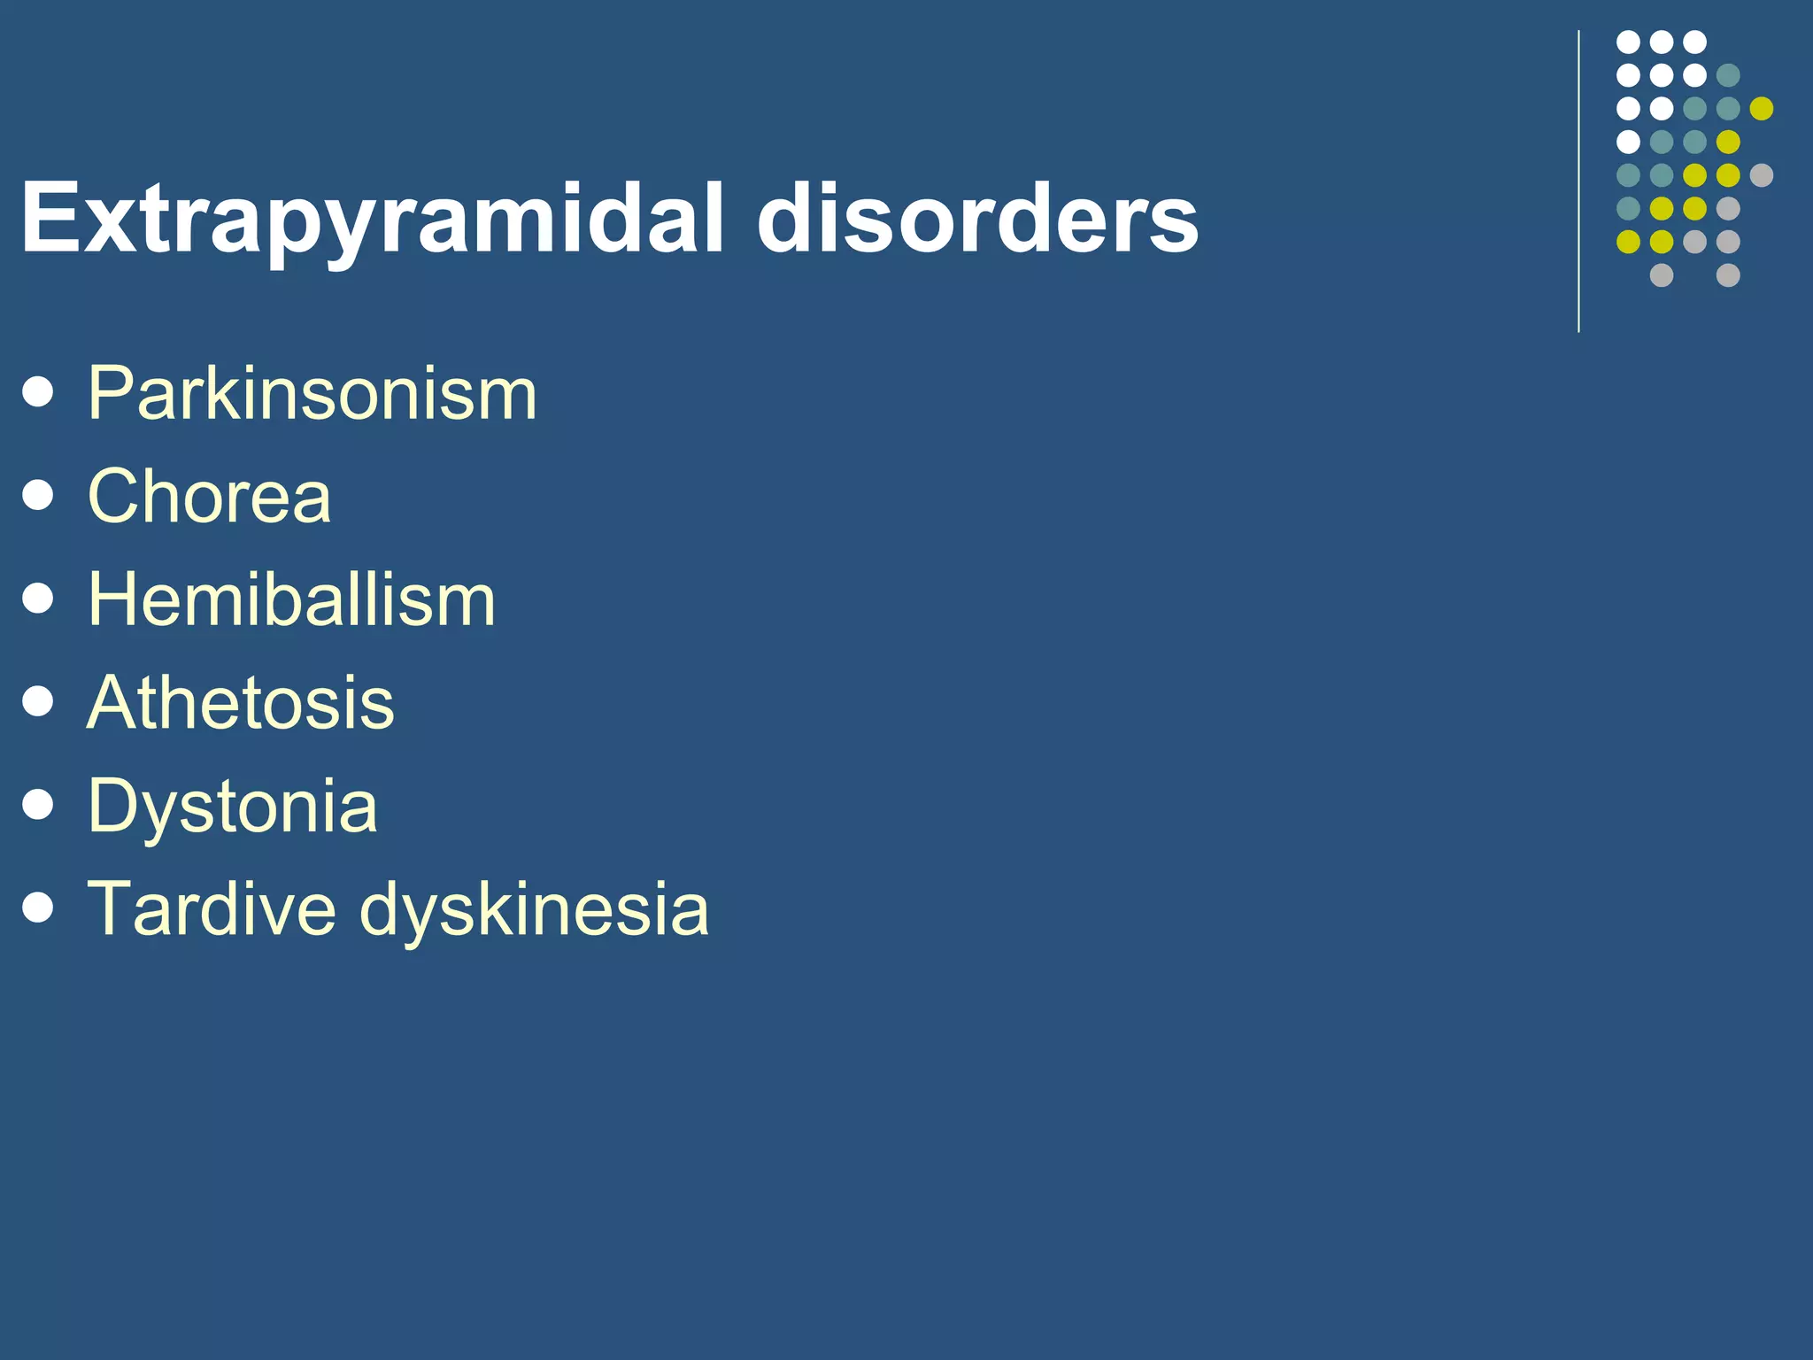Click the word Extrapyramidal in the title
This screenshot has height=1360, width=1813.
(373, 218)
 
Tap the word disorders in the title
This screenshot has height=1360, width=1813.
(977, 218)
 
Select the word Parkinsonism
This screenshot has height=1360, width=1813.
(312, 393)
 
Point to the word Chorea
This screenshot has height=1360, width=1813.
(210, 496)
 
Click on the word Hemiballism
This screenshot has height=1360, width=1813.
(291, 599)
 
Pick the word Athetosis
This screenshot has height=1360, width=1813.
(241, 703)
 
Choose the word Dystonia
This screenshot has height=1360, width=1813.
(233, 807)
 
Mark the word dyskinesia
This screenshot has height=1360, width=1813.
(535, 910)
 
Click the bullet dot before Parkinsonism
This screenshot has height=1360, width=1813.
(38, 392)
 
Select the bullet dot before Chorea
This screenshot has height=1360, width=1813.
(38, 495)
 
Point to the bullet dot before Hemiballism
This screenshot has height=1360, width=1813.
(38, 599)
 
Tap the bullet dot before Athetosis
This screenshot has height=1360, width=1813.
(38, 702)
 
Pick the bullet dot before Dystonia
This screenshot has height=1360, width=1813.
(38, 805)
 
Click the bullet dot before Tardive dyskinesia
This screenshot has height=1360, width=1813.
(38, 908)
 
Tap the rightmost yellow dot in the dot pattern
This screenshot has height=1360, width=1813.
(1761, 108)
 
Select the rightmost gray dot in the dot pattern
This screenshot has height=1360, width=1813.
(1761, 175)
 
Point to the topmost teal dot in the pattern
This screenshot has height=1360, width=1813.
(1728, 75)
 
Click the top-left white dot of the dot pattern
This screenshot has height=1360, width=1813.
(1628, 42)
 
